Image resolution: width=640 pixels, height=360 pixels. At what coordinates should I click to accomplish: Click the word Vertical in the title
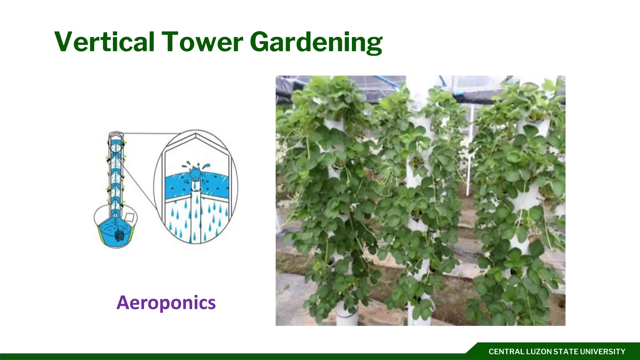coord(105,42)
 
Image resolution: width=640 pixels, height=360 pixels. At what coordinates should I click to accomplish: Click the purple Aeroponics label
coord(166,302)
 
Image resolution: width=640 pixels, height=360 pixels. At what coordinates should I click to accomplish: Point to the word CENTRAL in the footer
coord(507,352)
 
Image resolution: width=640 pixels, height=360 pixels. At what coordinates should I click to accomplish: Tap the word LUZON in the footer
coord(539,352)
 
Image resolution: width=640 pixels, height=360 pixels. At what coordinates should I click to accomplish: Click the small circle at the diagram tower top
coord(116,135)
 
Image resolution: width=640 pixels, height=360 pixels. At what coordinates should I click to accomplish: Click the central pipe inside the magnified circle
coord(196,212)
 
